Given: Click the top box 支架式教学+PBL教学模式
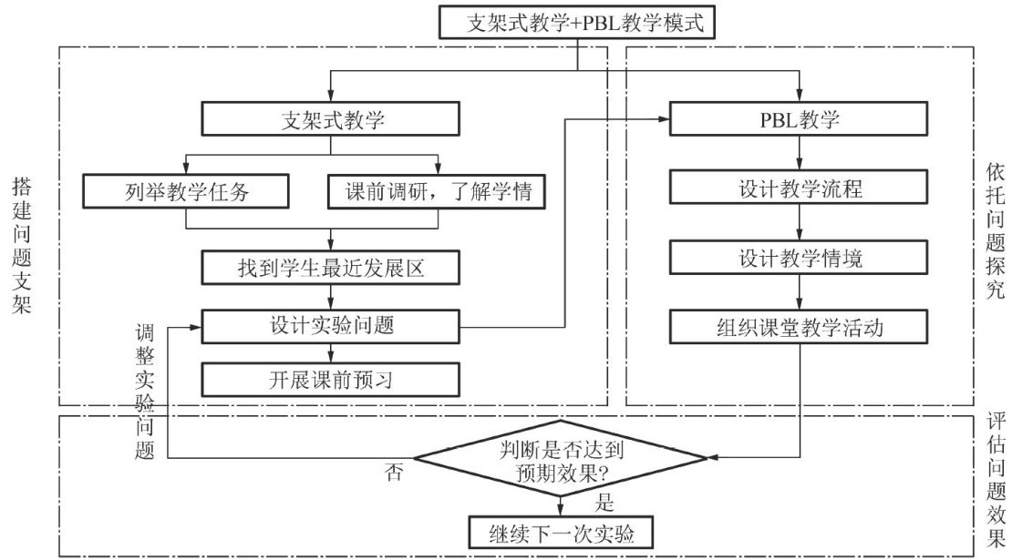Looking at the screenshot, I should [573, 23].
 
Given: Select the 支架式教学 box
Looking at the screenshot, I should [327, 119].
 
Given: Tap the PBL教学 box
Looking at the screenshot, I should [800, 119].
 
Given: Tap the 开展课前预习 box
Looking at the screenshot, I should [327, 380].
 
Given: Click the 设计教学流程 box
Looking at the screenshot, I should [800, 190].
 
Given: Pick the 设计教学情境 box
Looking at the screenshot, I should [800, 258].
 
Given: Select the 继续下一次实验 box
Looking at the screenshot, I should [560, 533].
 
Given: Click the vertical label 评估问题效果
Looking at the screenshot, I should [995, 483].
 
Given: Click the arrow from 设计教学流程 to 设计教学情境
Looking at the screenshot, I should [800, 224].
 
